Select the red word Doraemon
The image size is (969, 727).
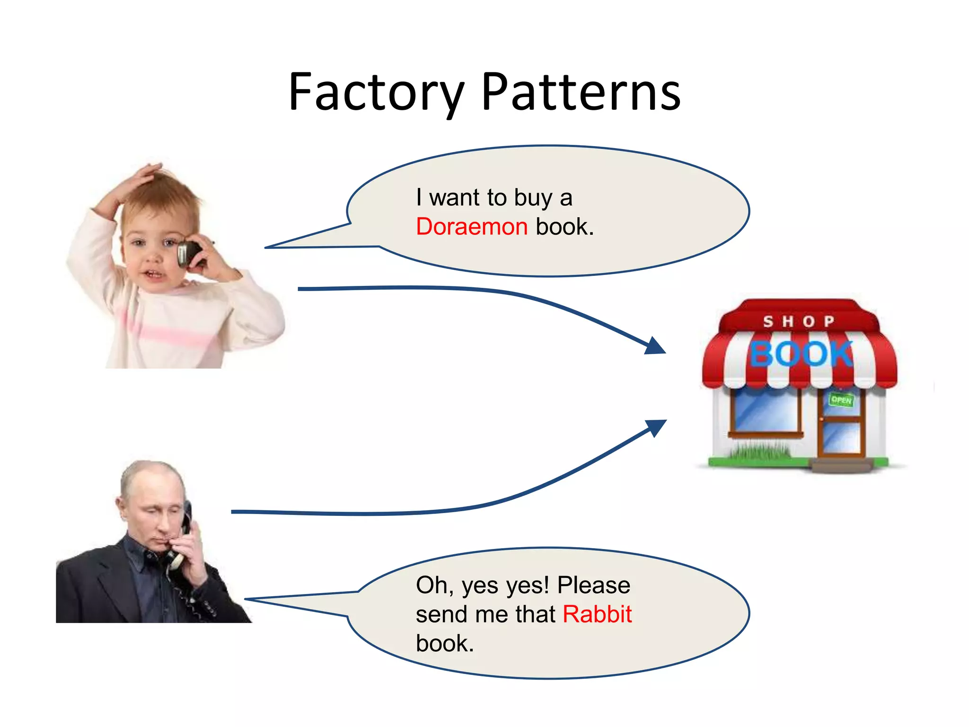point(472,227)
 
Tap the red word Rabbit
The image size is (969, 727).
point(597,614)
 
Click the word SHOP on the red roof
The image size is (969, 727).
point(799,321)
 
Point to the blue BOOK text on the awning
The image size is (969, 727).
point(801,354)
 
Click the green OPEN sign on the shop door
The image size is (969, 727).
point(841,400)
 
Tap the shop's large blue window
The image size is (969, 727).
point(765,409)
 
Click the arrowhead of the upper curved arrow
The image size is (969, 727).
point(656,346)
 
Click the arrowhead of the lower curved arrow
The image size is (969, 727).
point(657,427)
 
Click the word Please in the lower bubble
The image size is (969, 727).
point(594,585)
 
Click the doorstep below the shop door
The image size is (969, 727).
point(841,466)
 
